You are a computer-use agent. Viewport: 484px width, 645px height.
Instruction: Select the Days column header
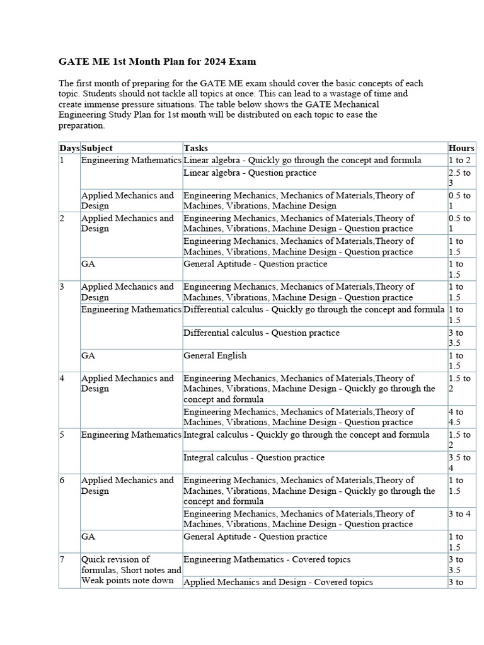point(69,148)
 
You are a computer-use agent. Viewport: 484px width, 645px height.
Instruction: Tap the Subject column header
point(97,148)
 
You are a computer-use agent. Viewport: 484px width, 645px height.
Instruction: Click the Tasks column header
point(195,148)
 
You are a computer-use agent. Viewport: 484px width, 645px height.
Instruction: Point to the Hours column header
point(461,148)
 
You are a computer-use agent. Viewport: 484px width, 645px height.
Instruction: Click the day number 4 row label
point(62,379)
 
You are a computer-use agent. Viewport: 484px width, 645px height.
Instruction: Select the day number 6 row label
point(62,481)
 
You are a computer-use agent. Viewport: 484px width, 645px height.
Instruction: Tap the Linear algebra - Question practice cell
point(250,173)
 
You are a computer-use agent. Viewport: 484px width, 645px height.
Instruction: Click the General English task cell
point(215,356)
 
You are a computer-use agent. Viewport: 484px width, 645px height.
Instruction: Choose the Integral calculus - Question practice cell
point(254,457)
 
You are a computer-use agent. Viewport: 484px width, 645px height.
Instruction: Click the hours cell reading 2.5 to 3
point(459,178)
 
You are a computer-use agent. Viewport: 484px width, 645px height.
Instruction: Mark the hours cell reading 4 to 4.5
point(459,417)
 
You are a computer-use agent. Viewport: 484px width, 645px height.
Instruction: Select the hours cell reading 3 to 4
point(459,514)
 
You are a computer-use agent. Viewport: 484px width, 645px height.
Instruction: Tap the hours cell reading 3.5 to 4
point(459,463)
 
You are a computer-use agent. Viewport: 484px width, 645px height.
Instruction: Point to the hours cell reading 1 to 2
point(459,160)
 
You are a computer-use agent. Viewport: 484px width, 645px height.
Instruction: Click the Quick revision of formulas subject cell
point(130,570)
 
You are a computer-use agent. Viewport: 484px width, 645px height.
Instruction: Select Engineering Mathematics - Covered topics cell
point(267,559)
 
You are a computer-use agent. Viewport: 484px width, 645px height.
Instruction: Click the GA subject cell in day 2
point(88,264)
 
